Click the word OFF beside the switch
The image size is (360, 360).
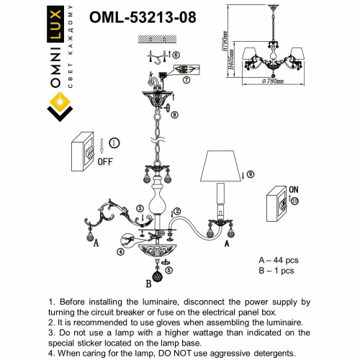coord(105,161)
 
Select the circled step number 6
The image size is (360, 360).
coord(176,55)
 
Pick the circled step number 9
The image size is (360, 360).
coord(250,174)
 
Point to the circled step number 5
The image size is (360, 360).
coord(169,270)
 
